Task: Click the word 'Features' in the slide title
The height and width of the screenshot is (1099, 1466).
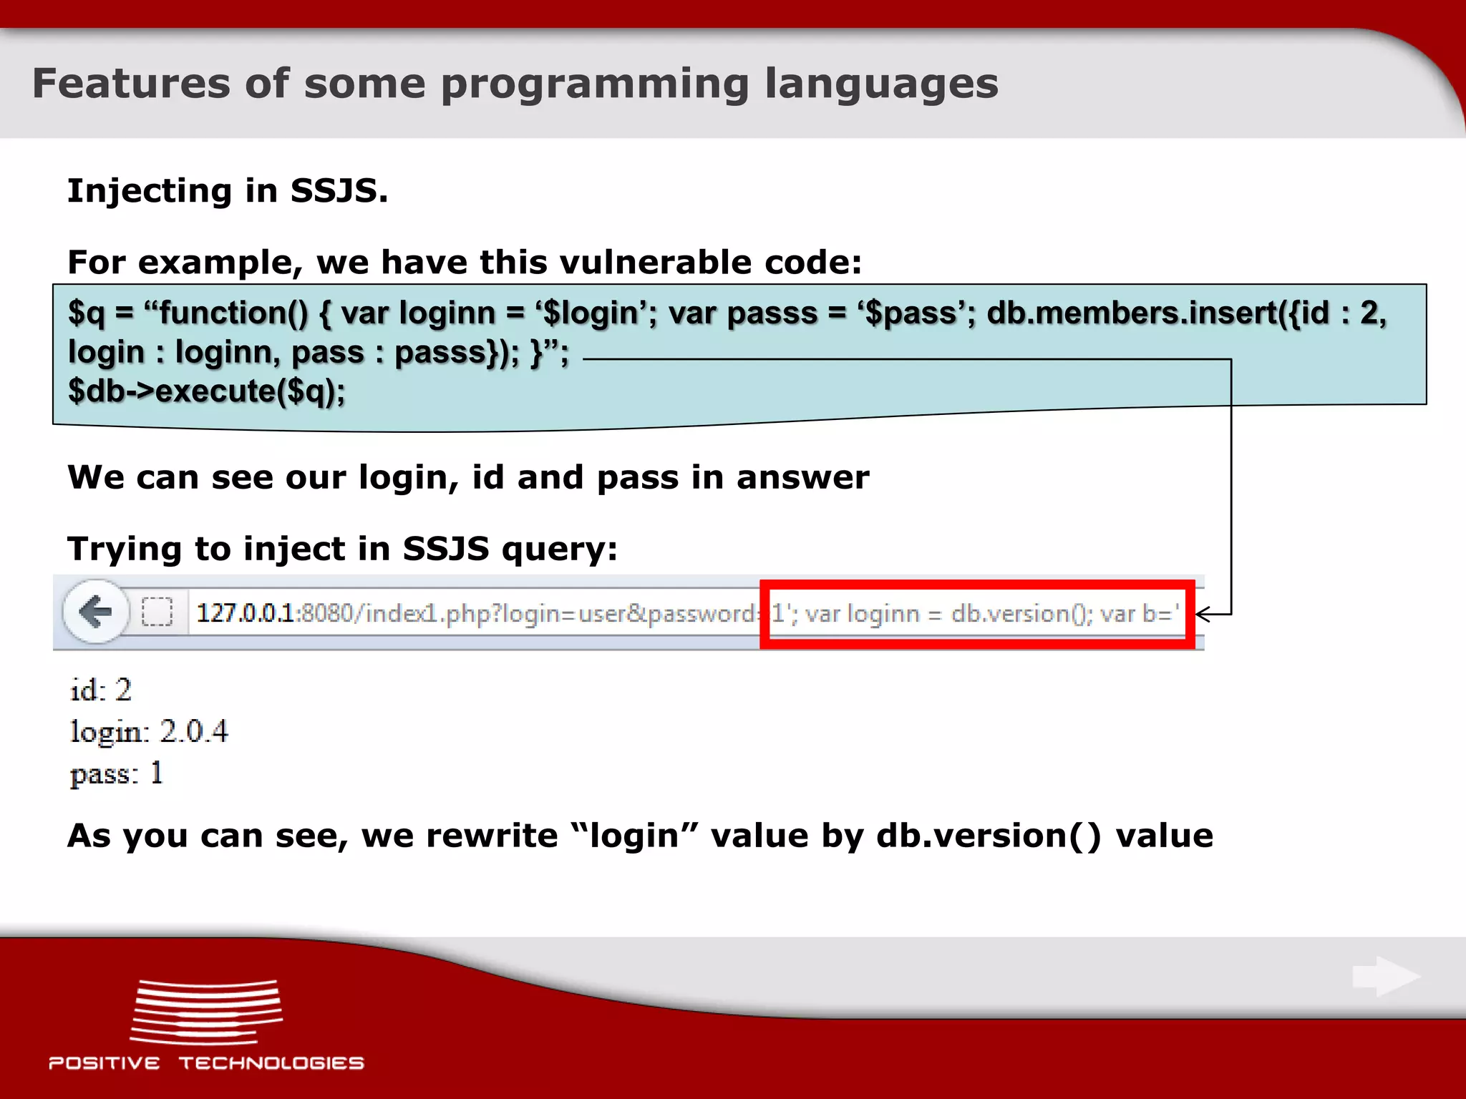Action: pyautogui.click(x=131, y=84)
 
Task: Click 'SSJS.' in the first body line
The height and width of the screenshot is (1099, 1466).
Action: pyautogui.click(x=339, y=191)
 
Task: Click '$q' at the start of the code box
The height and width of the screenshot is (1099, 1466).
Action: pyautogui.click(x=86, y=313)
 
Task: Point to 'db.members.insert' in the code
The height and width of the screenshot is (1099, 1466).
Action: pyautogui.click(x=1131, y=313)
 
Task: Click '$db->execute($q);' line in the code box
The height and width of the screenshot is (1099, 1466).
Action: pyautogui.click(x=206, y=391)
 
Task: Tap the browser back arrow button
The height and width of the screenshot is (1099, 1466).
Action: pyautogui.click(x=96, y=612)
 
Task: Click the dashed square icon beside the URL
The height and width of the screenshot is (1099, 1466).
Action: pyautogui.click(x=157, y=612)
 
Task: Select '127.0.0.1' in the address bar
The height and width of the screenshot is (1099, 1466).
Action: pyautogui.click(x=245, y=613)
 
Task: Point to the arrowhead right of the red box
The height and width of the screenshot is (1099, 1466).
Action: pyautogui.click(x=1204, y=614)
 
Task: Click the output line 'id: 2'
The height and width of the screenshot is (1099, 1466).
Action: pyautogui.click(x=101, y=690)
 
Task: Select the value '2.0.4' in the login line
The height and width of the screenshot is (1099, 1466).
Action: pyautogui.click(x=193, y=731)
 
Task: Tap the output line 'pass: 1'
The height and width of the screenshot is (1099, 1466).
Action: pyautogui.click(x=117, y=773)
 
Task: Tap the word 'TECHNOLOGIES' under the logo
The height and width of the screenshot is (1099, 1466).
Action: pyautogui.click(x=271, y=1063)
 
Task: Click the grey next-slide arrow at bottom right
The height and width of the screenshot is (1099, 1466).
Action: pyautogui.click(x=1385, y=977)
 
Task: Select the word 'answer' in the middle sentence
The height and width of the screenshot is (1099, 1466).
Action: pyautogui.click(x=802, y=477)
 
